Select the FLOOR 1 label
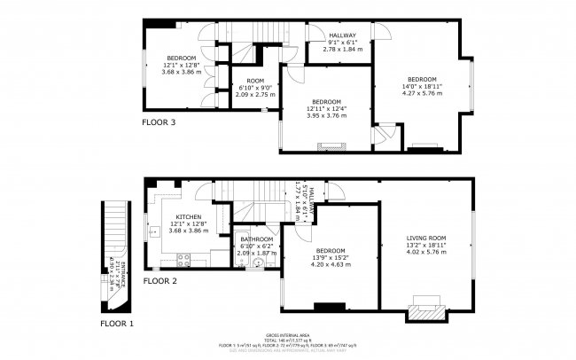[x=116, y=324]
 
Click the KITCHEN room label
[x=189, y=217]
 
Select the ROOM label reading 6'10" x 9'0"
[x=255, y=81]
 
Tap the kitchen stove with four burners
[x=185, y=260]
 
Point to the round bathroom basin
[x=259, y=262]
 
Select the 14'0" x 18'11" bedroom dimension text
[x=421, y=85]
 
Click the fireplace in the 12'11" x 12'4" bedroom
[x=331, y=145]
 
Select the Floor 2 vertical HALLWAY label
[x=303, y=207]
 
